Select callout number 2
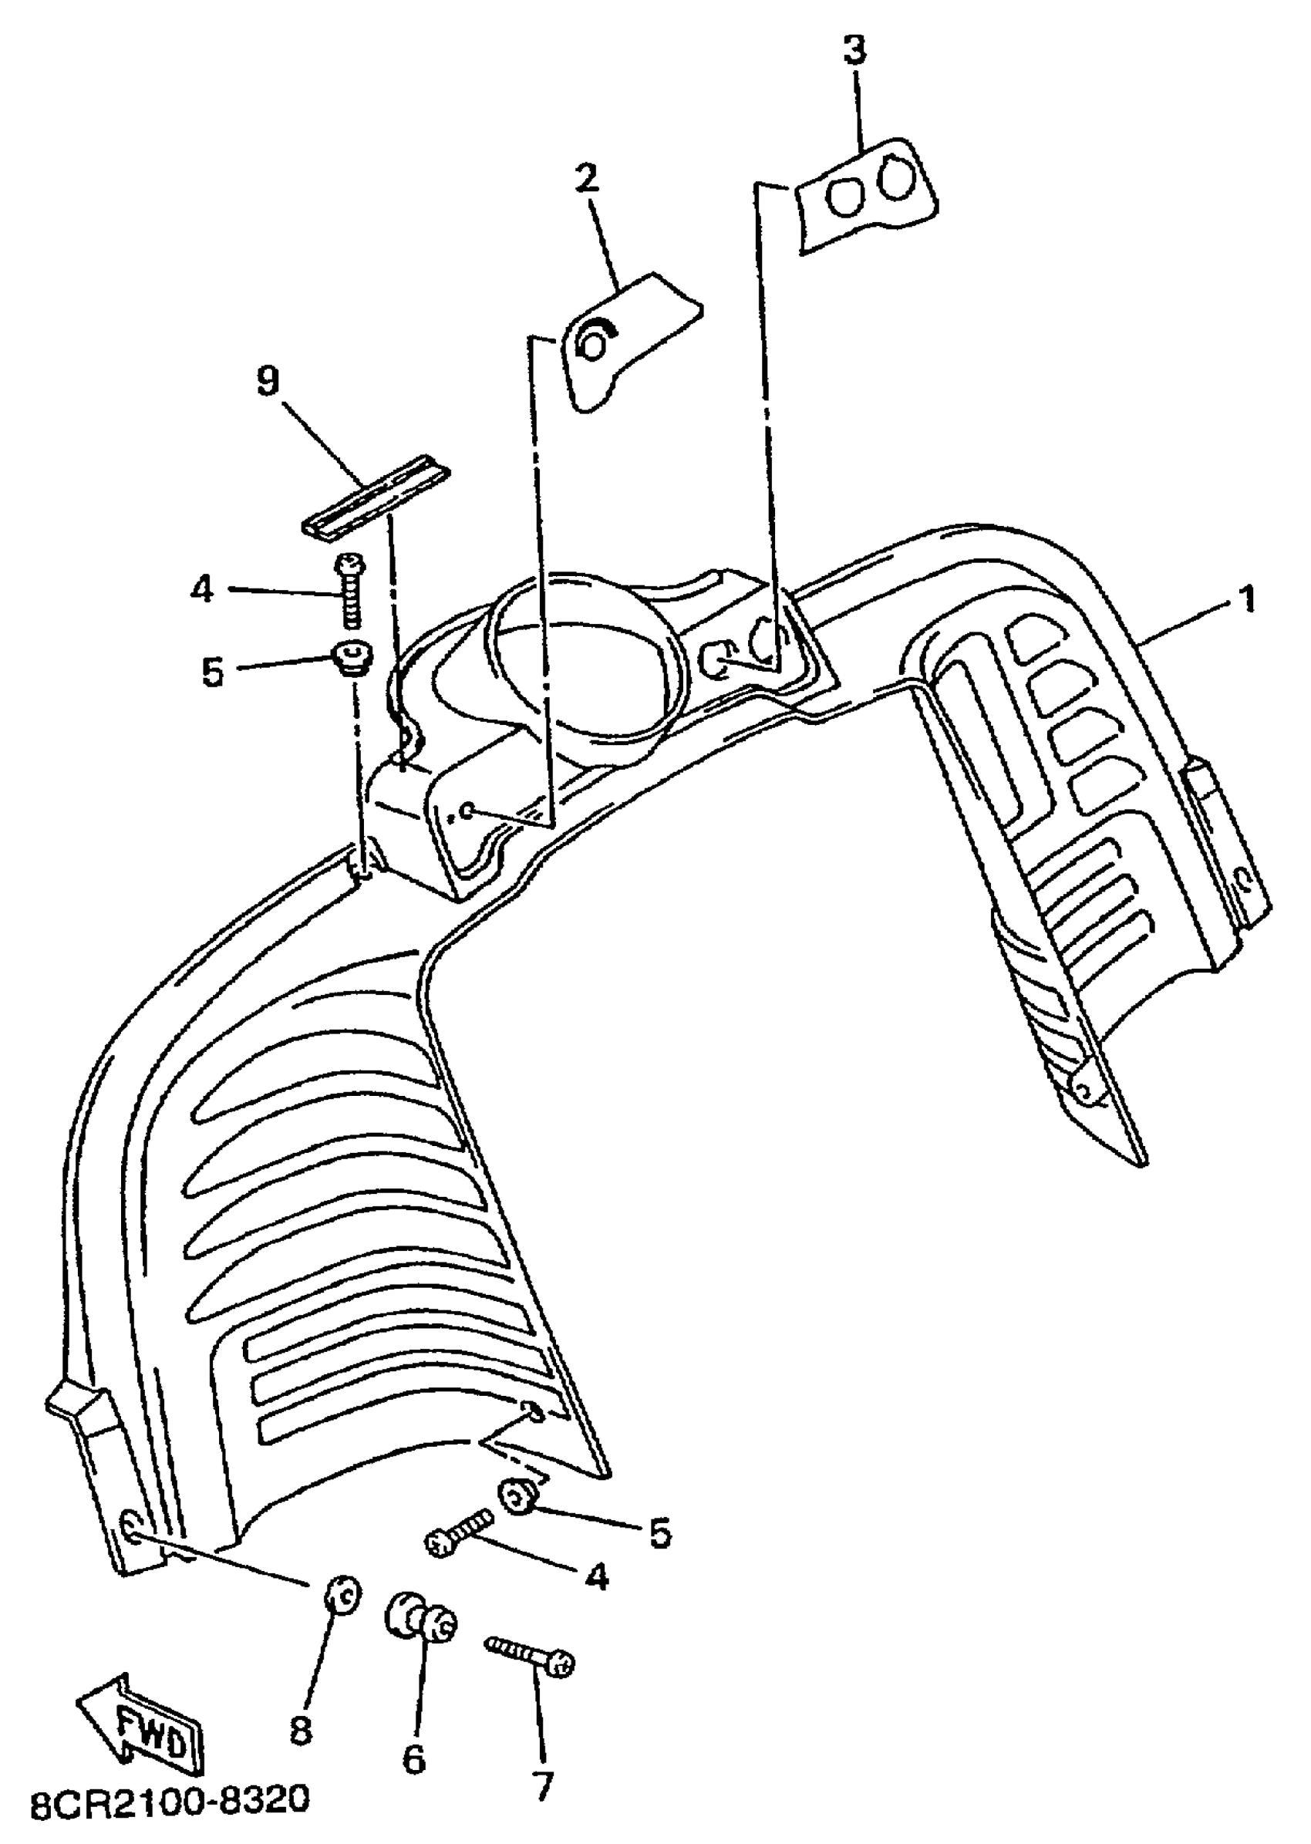[x=588, y=177]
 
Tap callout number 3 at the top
[x=854, y=50]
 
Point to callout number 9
[x=268, y=381]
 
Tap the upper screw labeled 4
[x=349, y=591]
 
